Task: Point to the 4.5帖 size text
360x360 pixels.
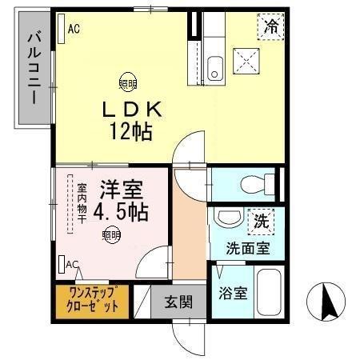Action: coord(119,212)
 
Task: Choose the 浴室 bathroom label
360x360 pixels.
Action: coord(233,292)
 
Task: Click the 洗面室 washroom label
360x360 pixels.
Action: coord(246,247)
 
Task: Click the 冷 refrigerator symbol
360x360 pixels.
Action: coord(273,27)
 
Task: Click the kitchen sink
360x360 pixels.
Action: coord(214,69)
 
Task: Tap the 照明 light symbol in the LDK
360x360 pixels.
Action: coord(127,80)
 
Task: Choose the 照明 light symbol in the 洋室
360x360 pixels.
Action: coord(111,234)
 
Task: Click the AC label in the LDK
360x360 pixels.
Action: coord(74,29)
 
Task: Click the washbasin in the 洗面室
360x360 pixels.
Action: coord(228,218)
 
